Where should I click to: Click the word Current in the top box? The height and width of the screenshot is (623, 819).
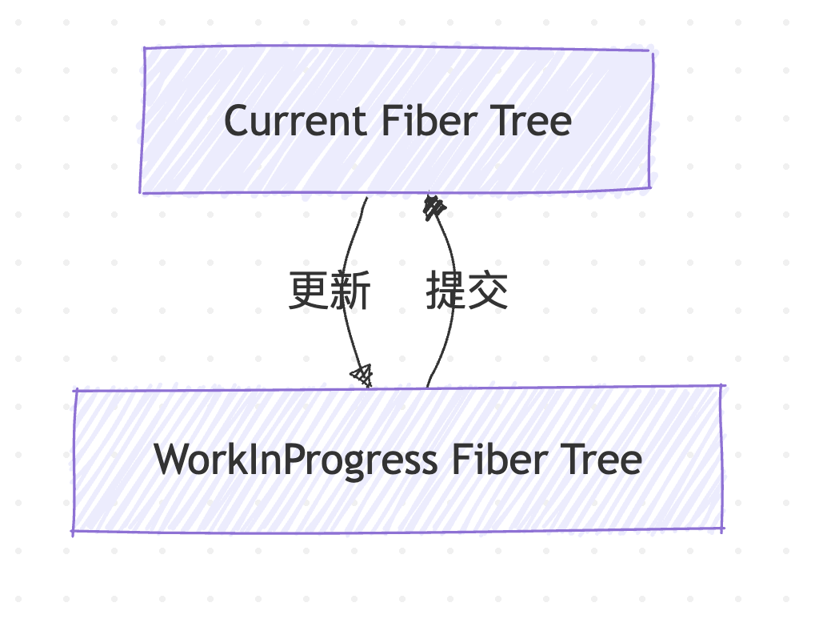(x=294, y=122)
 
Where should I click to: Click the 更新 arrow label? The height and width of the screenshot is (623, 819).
(x=329, y=290)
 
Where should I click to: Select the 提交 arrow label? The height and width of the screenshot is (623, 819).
(x=467, y=290)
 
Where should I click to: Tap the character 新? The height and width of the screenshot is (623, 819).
(x=350, y=290)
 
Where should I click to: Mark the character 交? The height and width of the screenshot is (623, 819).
(x=488, y=290)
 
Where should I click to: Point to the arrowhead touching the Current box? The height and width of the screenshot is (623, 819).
(x=433, y=206)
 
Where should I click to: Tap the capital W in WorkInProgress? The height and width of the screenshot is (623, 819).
(x=171, y=460)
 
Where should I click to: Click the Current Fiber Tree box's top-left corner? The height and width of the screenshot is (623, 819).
(x=145, y=48)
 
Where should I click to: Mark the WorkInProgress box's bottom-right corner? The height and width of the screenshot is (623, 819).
(x=723, y=529)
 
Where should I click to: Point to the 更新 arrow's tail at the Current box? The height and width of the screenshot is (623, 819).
(x=366, y=199)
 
